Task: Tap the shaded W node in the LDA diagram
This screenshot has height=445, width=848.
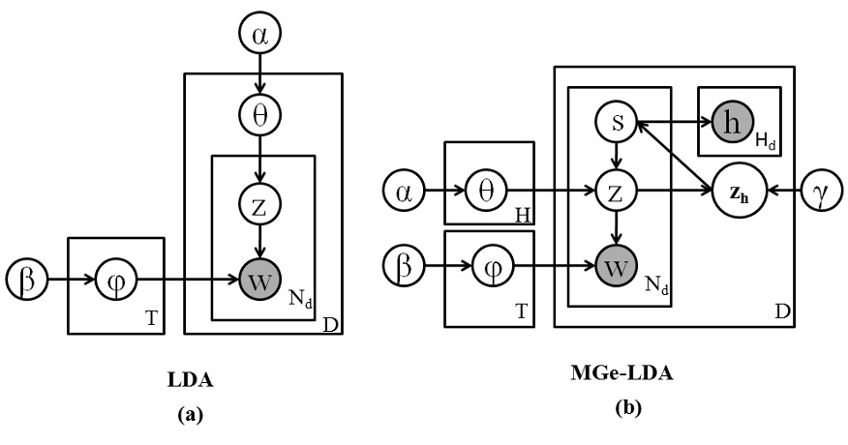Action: click(x=260, y=282)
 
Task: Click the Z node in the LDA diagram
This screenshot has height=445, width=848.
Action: click(x=260, y=204)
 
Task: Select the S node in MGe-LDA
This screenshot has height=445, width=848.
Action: click(x=614, y=123)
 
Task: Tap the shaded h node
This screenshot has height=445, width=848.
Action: click(x=731, y=123)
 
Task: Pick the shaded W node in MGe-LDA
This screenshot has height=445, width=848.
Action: click(x=614, y=263)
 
